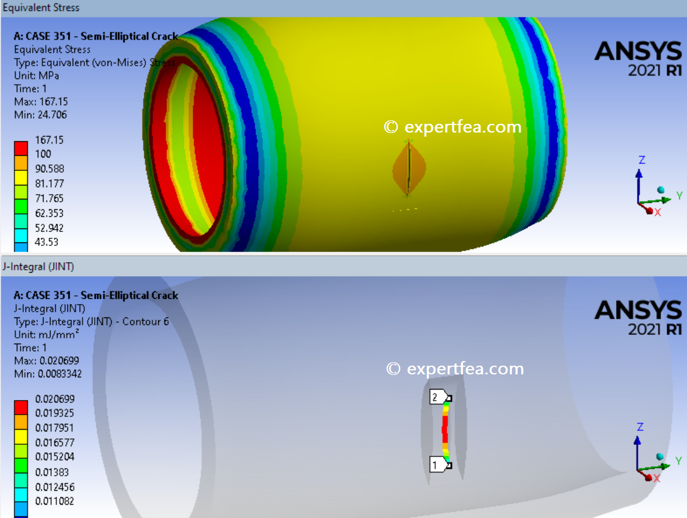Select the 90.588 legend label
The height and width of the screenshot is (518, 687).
tap(49, 169)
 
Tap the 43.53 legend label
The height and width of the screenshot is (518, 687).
tap(47, 242)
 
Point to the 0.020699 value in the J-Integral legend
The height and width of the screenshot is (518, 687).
tap(55, 399)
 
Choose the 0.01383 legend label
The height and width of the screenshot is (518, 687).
tap(51, 471)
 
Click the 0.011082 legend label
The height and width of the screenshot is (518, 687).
tap(55, 501)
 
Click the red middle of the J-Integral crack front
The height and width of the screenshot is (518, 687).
tap(445, 430)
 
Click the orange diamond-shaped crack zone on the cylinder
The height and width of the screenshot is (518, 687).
tap(409, 169)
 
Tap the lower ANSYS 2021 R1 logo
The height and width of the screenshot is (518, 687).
tap(638, 317)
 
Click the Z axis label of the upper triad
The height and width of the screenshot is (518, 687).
tap(642, 160)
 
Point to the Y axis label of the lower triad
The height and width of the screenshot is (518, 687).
tap(678, 460)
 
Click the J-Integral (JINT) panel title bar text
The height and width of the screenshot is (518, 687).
tap(38, 267)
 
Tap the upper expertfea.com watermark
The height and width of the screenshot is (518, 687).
tap(453, 127)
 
